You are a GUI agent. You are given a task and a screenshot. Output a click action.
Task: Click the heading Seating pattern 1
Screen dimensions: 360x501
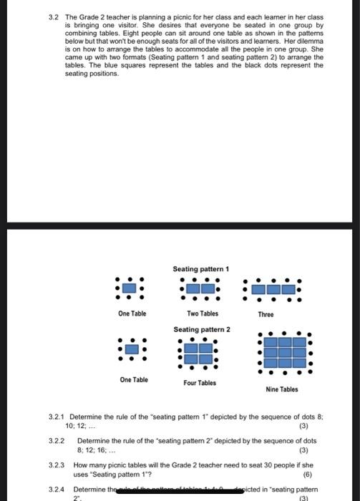[201, 268]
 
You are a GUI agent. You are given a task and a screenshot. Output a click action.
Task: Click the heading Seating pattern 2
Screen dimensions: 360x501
[202, 329]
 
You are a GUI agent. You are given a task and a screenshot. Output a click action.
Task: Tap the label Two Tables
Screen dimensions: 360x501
[203, 313]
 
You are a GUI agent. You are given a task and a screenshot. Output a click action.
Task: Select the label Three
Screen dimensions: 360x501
[266, 313]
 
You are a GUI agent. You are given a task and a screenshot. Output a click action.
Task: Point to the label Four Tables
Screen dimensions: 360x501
[200, 383]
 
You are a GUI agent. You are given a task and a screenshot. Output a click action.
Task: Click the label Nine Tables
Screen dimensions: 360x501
[282, 389]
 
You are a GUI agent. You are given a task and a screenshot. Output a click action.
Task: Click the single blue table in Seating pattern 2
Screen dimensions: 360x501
[131, 349]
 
